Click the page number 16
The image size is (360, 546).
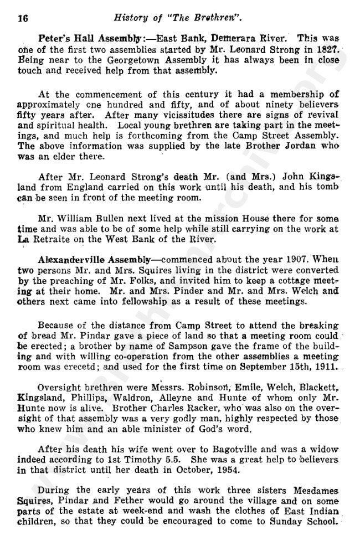coord(23,18)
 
